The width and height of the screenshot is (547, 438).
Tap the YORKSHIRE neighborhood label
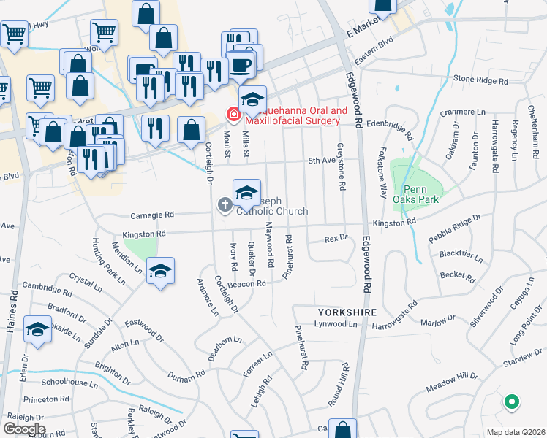[347, 312]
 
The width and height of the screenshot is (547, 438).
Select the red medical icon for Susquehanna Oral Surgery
[233, 115]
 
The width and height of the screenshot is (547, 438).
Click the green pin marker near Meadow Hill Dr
[512, 401]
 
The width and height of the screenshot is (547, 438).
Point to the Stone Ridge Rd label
[480, 80]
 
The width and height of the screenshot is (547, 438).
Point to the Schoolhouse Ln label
[69, 383]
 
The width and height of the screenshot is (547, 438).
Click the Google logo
[23, 429]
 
